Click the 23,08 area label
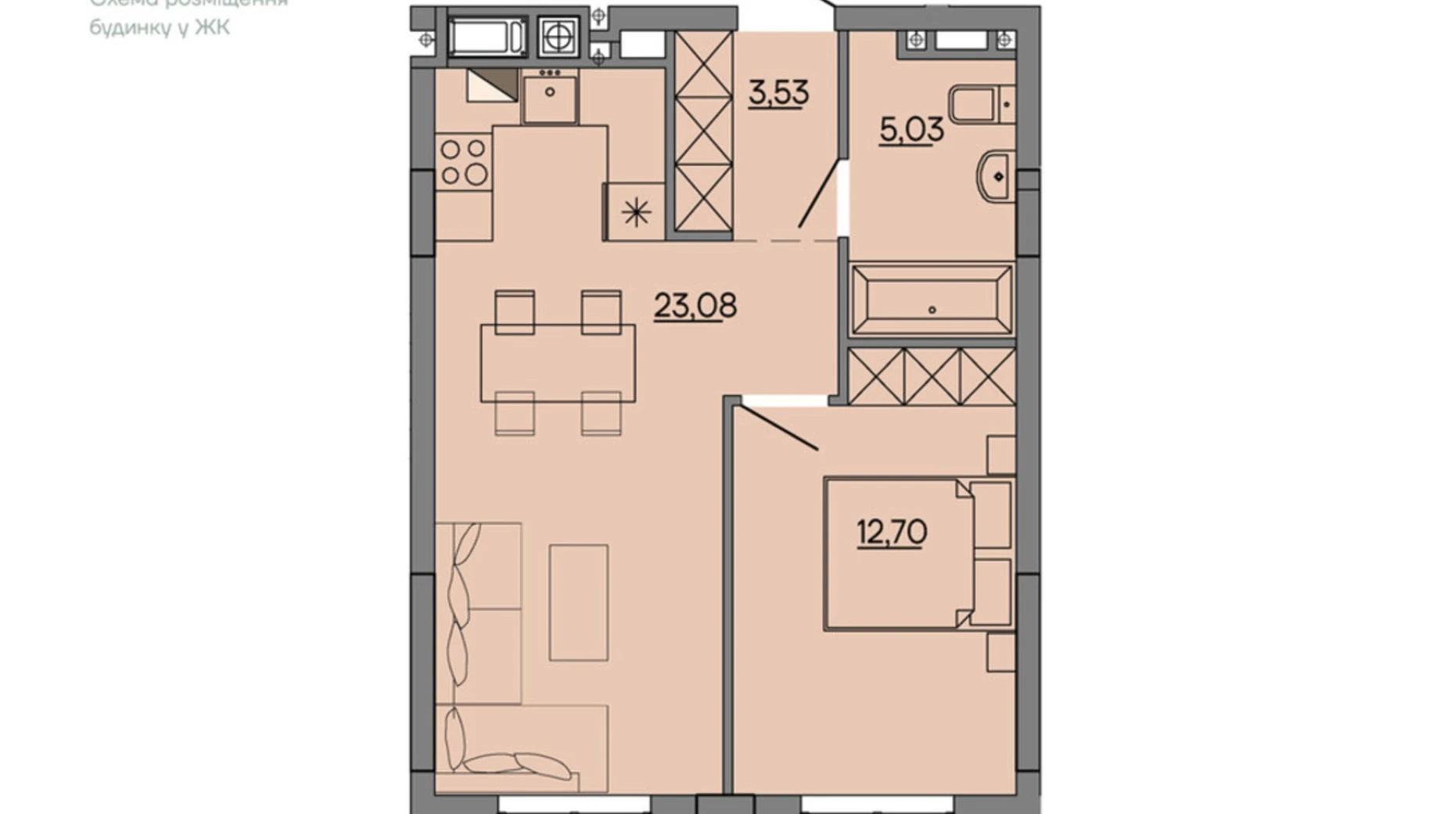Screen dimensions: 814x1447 click(695, 305)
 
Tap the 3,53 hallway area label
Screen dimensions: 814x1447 click(777, 92)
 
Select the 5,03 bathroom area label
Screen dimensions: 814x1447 click(910, 130)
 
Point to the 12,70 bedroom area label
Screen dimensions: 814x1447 click(891, 533)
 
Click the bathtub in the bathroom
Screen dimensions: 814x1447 click(932, 299)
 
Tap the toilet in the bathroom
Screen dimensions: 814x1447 click(979, 105)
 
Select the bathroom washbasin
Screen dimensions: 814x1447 click(996, 177)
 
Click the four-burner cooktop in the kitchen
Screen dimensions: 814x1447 click(463, 162)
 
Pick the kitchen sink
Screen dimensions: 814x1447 click(550, 96)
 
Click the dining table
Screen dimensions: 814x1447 click(557, 363)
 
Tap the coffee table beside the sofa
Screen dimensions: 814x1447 click(578, 603)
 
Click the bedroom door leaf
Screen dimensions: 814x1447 click(780, 427)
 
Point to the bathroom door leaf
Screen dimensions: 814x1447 click(818, 194)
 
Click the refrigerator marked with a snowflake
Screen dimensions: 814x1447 click(636, 211)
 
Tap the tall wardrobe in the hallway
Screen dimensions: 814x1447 click(702, 131)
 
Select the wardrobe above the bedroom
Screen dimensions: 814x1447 click(931, 376)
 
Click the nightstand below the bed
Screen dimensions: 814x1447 click(1000, 653)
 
